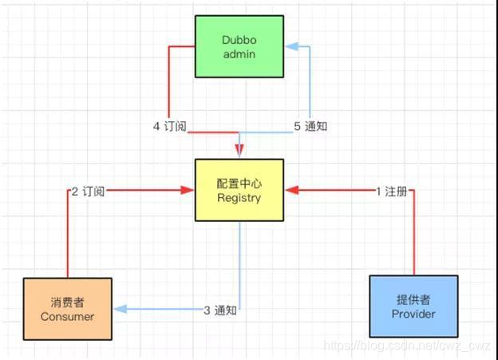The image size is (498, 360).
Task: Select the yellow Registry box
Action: pyautogui.click(x=239, y=190)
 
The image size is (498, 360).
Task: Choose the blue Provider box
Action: pyautogui.click(x=413, y=307)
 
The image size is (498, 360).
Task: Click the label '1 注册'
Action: pyautogui.click(x=391, y=191)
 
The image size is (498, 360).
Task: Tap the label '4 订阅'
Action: pyautogui.click(x=169, y=126)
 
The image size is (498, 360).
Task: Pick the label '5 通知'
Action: pyautogui.click(x=310, y=126)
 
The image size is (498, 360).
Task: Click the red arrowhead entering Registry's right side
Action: pyautogui.click(x=290, y=191)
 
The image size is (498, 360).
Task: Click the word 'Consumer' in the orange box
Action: pyautogui.click(x=67, y=316)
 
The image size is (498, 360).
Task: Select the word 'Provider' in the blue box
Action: pyautogui.click(x=413, y=314)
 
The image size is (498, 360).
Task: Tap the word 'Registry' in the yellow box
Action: pyautogui.click(x=239, y=198)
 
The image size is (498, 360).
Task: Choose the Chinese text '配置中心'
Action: pyautogui.click(x=239, y=183)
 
